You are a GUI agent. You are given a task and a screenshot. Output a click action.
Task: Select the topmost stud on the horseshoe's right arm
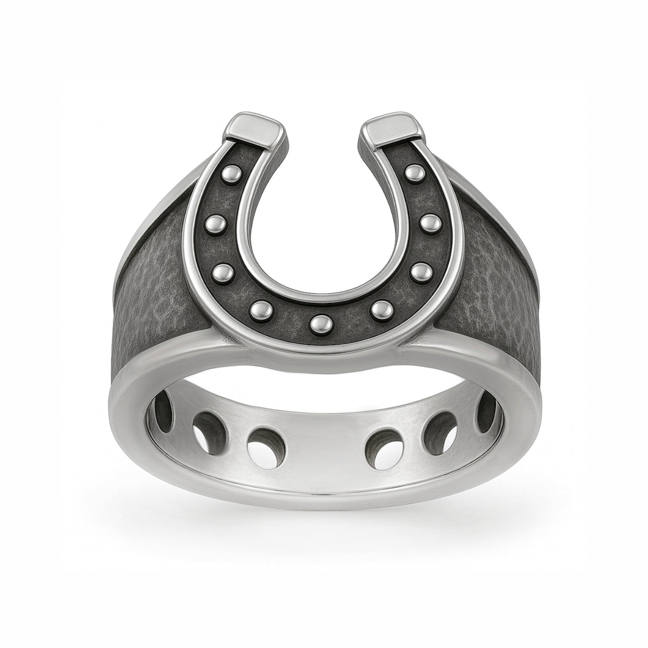tap(413, 173)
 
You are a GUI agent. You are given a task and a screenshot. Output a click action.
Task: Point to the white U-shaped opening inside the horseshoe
tap(323, 216)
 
